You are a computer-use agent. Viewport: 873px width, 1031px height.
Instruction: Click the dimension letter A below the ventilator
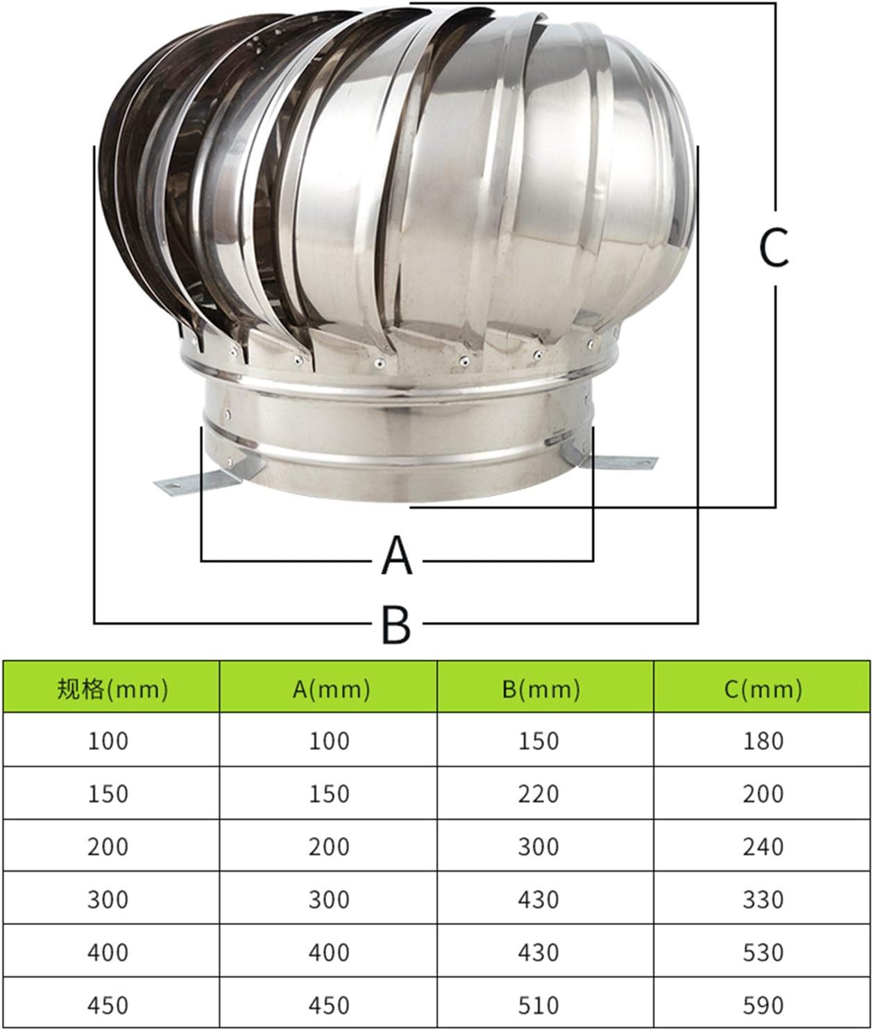pos(397,556)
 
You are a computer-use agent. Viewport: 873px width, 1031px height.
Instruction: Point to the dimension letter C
pos(774,248)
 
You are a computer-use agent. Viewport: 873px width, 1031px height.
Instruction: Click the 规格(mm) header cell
pos(112,688)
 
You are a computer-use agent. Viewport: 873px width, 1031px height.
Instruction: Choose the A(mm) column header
pos(330,688)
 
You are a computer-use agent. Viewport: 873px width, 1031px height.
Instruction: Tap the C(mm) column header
pos(763,688)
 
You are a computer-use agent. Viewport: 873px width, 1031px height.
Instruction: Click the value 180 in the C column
pos(763,741)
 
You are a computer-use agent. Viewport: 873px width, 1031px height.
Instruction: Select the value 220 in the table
pos(539,794)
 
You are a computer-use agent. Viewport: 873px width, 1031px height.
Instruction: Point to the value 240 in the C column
pos(763,847)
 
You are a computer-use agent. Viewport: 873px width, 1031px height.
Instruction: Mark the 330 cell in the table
pos(763,899)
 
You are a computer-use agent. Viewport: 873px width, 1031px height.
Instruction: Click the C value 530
pos(763,952)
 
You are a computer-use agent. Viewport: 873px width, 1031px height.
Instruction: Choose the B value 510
pos(539,1005)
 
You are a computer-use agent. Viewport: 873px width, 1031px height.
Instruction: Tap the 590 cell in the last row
pos(763,1005)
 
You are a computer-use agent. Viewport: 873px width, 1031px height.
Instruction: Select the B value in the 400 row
pos(539,952)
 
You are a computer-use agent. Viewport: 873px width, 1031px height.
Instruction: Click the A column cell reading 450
pos(330,1005)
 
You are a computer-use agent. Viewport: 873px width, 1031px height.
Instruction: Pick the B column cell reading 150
pos(539,741)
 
